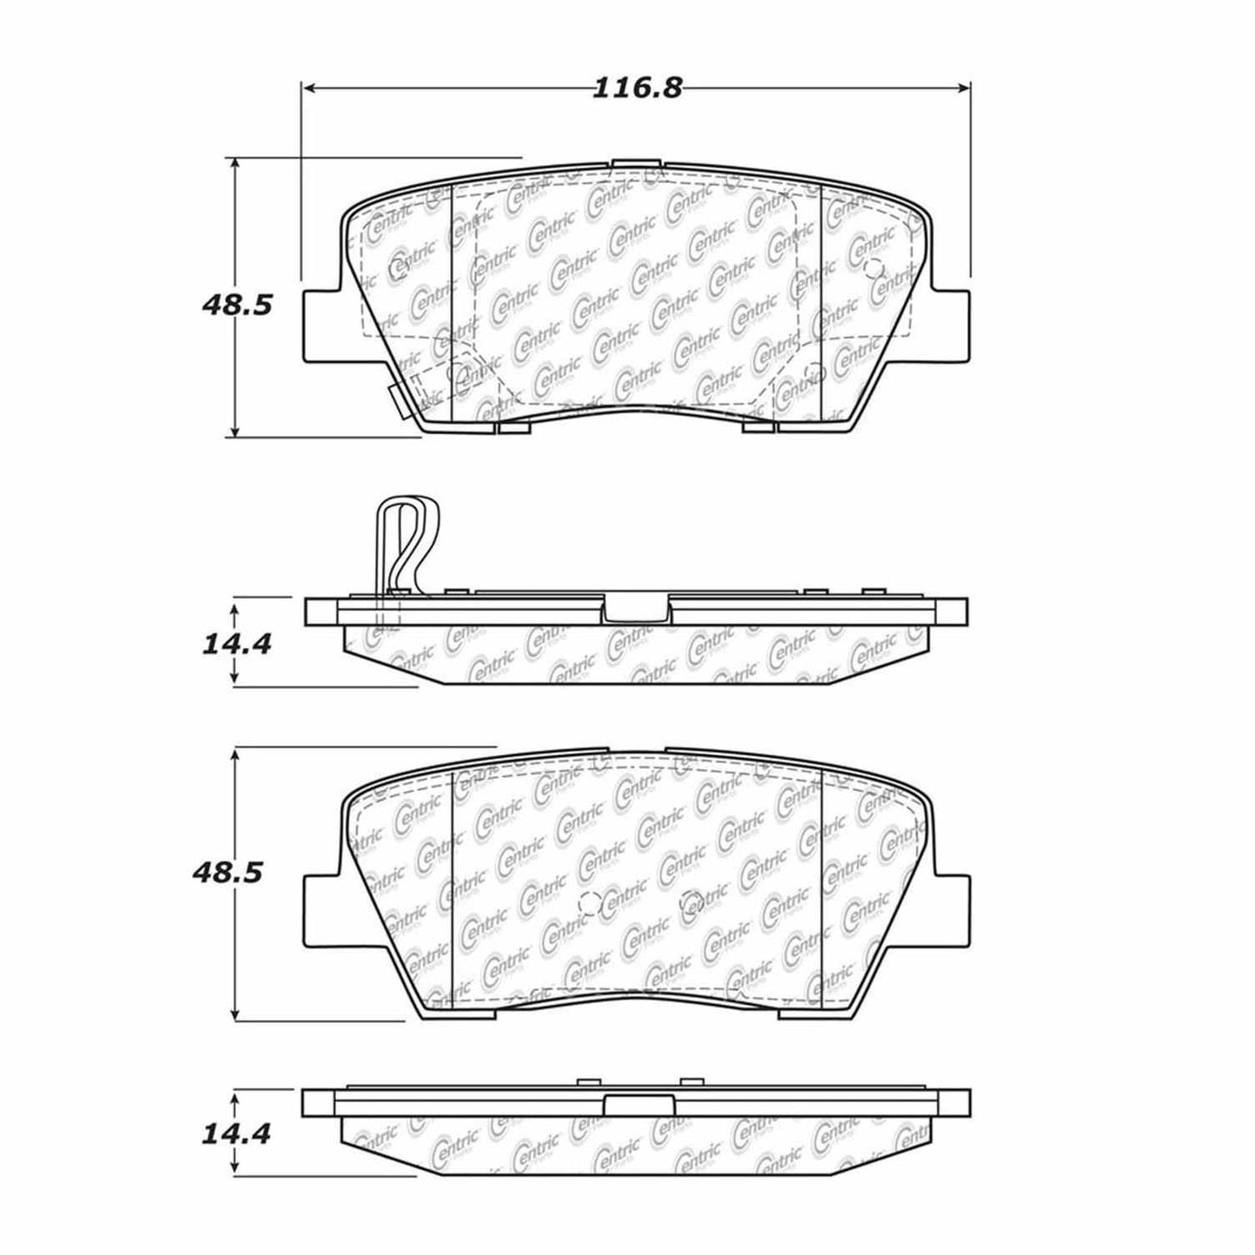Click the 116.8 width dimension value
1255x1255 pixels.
637,88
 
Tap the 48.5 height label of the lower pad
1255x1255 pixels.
227,873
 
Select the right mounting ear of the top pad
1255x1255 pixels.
952,326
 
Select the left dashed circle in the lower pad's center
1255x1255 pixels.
588,903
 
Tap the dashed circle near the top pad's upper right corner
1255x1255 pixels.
873,268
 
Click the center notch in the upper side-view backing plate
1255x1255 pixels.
636,611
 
